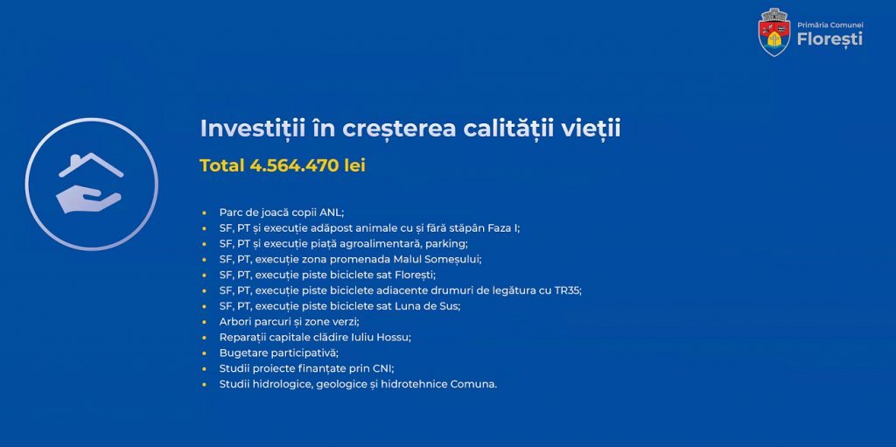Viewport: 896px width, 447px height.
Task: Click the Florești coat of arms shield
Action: [774, 32]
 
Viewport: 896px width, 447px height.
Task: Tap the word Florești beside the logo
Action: [829, 39]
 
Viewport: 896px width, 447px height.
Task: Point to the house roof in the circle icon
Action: [91, 164]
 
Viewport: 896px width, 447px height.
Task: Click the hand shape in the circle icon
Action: [88, 201]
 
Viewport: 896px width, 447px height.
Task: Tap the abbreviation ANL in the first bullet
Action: [331, 213]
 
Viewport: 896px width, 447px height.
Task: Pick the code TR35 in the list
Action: [567, 290]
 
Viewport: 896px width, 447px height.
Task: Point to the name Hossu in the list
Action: [395, 338]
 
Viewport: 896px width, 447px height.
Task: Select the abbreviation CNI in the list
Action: [384, 368]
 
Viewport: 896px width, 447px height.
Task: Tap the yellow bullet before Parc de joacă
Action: [203, 213]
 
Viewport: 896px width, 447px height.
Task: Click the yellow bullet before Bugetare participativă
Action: [203, 353]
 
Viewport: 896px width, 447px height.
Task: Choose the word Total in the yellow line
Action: [221, 166]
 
